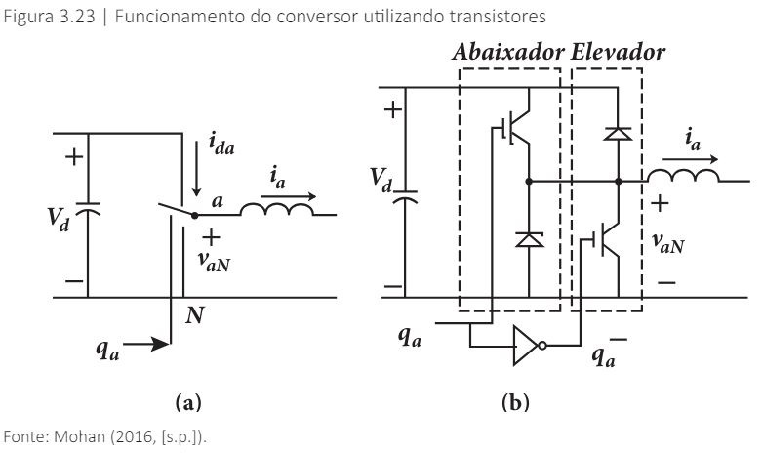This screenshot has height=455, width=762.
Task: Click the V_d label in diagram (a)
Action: (62, 218)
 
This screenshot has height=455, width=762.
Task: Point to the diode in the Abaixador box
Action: (527, 238)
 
